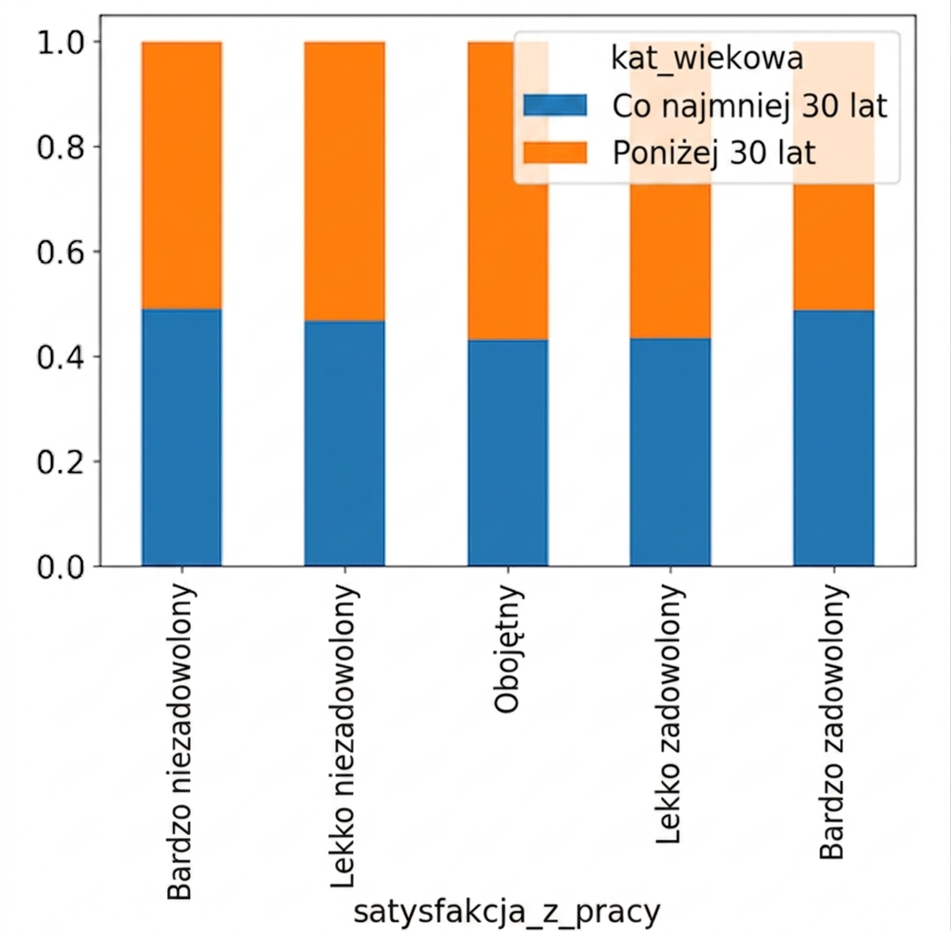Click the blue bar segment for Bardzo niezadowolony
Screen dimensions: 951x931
(x=181, y=437)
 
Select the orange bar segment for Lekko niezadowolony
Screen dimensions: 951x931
(x=345, y=181)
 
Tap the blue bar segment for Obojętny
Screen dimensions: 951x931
(x=507, y=453)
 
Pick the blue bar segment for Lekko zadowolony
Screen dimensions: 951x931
(x=670, y=453)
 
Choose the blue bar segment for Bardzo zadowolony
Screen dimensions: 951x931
(x=834, y=438)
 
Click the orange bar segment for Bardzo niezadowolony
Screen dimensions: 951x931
(x=181, y=175)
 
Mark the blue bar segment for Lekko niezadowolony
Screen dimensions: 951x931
(x=345, y=444)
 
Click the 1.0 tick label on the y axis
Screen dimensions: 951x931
(x=60, y=43)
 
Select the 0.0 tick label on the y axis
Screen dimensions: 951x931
(x=60, y=567)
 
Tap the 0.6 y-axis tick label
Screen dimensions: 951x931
(x=60, y=253)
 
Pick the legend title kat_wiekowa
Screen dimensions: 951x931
(x=707, y=59)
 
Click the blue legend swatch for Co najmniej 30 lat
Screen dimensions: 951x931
(x=555, y=105)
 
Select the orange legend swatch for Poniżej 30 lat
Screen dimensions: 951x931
(x=555, y=152)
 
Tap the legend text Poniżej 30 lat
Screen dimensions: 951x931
(x=714, y=153)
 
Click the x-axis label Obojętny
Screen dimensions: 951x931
(x=508, y=648)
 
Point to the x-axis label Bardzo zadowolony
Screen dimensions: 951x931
(x=833, y=722)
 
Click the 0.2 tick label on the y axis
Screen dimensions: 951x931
(x=60, y=462)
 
